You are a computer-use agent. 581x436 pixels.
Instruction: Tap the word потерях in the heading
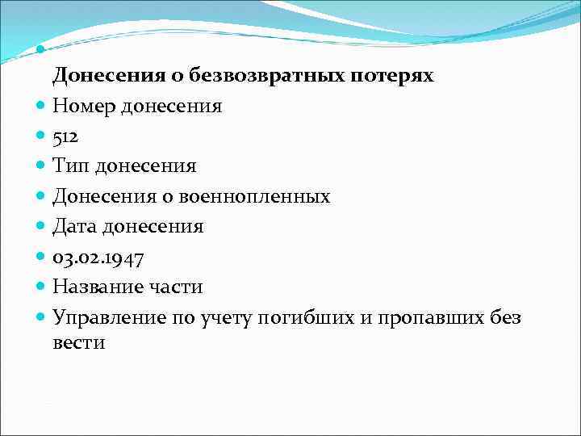pos(393,77)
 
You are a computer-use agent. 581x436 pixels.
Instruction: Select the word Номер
pos(85,107)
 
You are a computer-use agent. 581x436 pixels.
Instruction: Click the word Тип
pos(71,166)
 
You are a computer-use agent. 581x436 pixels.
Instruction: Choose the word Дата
pos(75,227)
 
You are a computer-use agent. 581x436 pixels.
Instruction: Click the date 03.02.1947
pos(98,258)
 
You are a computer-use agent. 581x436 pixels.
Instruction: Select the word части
pos(178,287)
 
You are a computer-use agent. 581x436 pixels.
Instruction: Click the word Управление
pos(106,317)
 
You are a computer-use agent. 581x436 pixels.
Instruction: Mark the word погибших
pos(303,318)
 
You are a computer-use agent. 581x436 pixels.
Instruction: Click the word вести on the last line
pos(79,342)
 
